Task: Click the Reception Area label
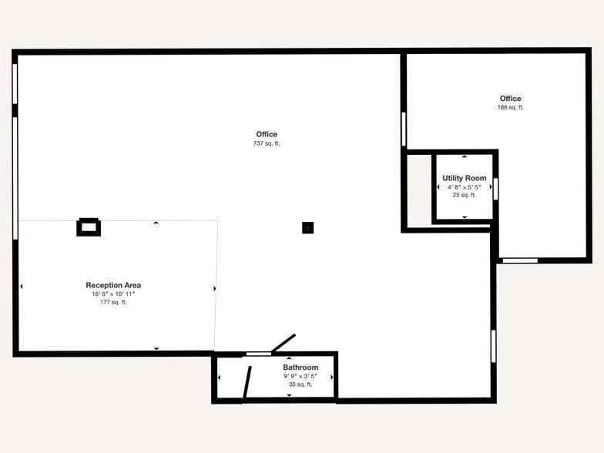[x=113, y=285]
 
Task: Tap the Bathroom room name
[x=300, y=367]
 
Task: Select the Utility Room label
[x=465, y=178]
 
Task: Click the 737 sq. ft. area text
[x=267, y=144]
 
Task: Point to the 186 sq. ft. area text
[x=510, y=108]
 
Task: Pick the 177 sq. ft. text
[x=113, y=302]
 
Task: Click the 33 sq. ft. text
[x=300, y=384]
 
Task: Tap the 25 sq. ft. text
[x=465, y=195]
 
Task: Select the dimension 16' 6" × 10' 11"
[x=113, y=294]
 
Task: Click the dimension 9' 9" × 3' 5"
[x=300, y=376]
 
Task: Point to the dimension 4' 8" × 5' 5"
[x=465, y=186]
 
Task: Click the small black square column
[x=307, y=227]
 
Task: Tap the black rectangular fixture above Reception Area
[x=89, y=226]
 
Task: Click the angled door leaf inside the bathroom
[x=247, y=382]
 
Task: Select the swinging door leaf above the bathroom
[x=283, y=344]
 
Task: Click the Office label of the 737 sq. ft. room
[x=267, y=135]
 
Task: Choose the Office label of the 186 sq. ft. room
[x=510, y=99]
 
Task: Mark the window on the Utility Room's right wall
[x=495, y=189]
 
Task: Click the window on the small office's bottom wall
[x=520, y=260]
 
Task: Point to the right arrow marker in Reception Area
[x=214, y=288]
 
